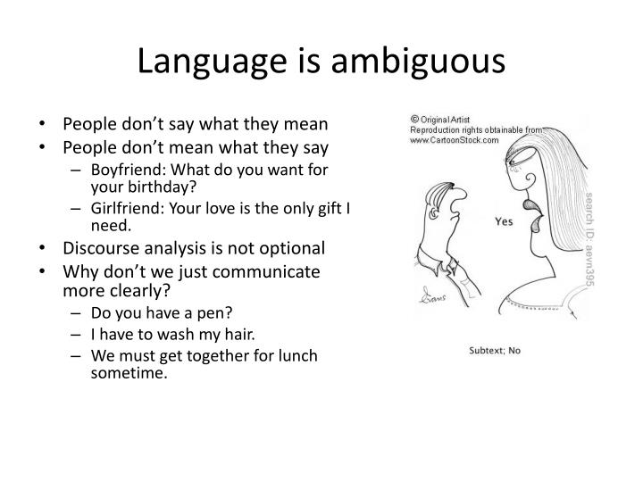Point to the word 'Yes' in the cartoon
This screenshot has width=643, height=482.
point(503,221)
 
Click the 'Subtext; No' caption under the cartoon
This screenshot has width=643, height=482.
point(496,350)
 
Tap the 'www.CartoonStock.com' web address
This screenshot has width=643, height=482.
point(454,140)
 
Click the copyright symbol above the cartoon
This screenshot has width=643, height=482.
point(414,119)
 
